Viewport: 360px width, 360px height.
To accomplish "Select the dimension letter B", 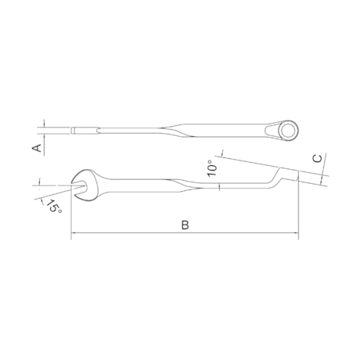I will click(x=185, y=225).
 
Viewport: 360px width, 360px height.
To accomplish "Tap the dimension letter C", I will click(x=316, y=159).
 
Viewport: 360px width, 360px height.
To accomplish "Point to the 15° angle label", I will click(x=52, y=207).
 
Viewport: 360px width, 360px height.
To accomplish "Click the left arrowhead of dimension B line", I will click(x=74, y=232).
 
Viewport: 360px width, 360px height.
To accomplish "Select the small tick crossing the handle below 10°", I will click(x=221, y=185).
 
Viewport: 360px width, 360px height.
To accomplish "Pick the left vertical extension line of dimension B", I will click(x=71, y=211).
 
